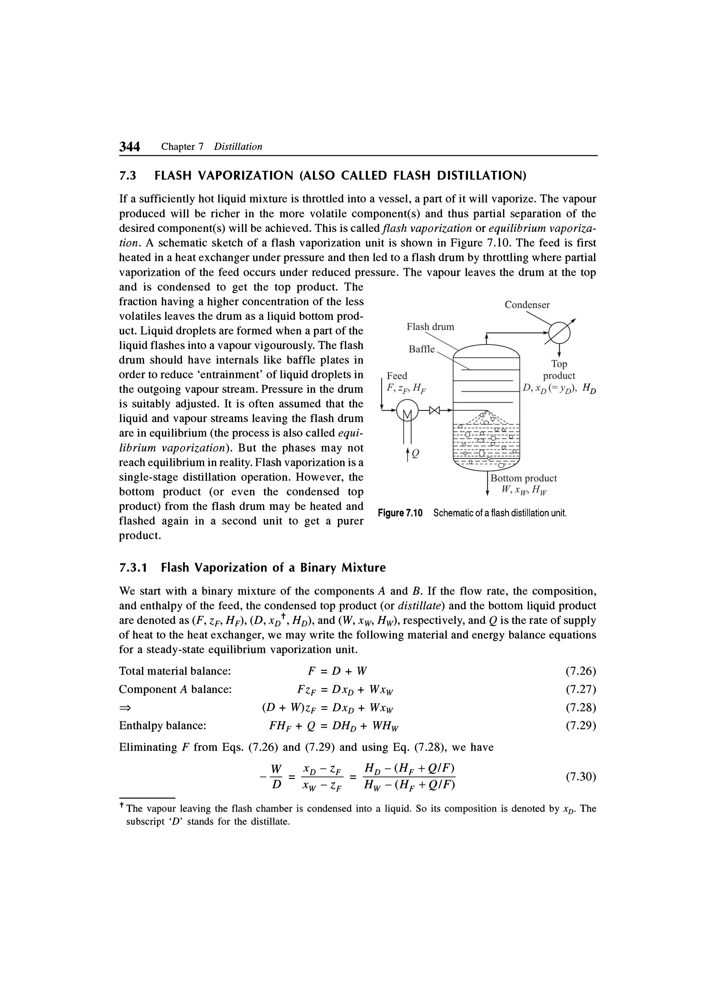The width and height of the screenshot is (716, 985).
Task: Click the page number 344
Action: [x=130, y=147]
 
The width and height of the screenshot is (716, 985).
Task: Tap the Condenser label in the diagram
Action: [x=527, y=305]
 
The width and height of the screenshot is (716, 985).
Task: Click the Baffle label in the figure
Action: [x=421, y=349]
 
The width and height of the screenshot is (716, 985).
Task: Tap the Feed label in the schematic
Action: [x=397, y=376]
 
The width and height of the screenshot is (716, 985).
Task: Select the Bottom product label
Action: [x=523, y=478]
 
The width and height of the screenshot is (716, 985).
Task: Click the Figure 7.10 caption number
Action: [x=400, y=513]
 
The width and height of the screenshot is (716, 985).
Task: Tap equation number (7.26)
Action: [x=581, y=671]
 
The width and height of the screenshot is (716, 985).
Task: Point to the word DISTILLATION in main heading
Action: [x=481, y=176]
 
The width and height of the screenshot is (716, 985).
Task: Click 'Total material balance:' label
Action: [x=174, y=671]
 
